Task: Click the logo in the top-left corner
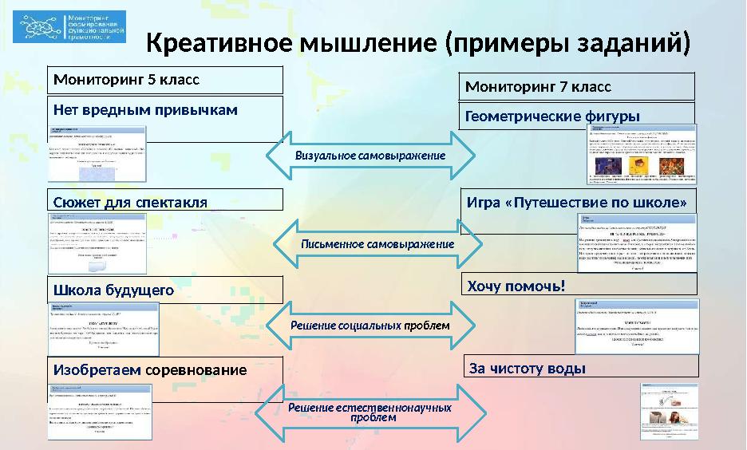pyautogui.click(x=73, y=27)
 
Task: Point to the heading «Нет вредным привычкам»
pyautogui.click(x=145, y=109)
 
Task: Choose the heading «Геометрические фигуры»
pyautogui.click(x=552, y=116)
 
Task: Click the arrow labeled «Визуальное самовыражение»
pyautogui.click(x=370, y=155)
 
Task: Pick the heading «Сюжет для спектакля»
pyautogui.click(x=130, y=202)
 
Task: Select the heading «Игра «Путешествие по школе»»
pyautogui.click(x=576, y=202)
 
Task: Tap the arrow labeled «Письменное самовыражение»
pyautogui.click(x=377, y=243)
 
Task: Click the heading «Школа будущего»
pyautogui.click(x=113, y=290)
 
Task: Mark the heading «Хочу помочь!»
pyautogui.click(x=516, y=285)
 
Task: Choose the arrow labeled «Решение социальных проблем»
pyautogui.click(x=370, y=326)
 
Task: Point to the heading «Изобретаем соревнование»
pyautogui.click(x=150, y=370)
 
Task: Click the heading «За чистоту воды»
pyautogui.click(x=528, y=368)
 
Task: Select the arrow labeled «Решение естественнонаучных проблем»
pyautogui.click(x=371, y=412)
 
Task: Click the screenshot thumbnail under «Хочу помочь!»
pyautogui.click(x=637, y=326)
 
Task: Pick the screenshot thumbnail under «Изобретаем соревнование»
pyautogui.click(x=101, y=412)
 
